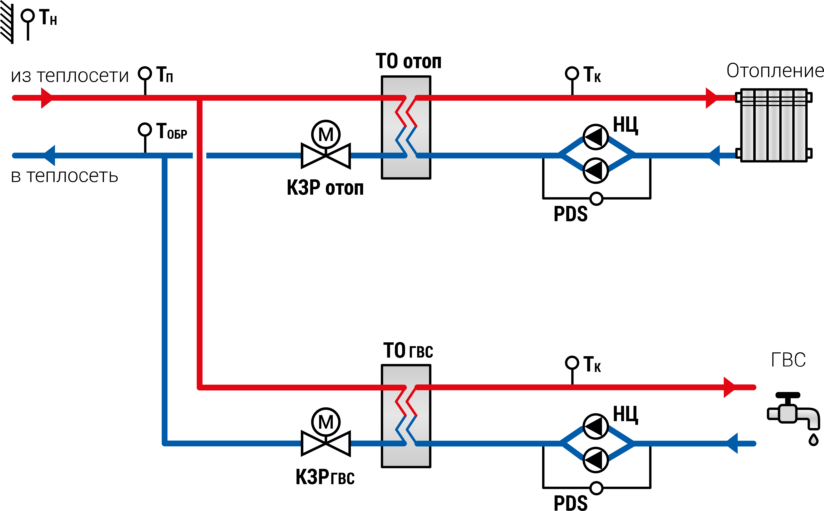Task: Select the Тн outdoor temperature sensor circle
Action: click(x=28, y=16)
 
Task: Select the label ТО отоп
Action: click(x=409, y=61)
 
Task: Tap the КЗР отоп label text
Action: click(x=325, y=188)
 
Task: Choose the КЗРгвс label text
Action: click(x=325, y=477)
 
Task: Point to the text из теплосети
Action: click(x=70, y=76)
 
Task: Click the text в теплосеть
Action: click(x=65, y=176)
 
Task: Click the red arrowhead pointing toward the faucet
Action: click(x=729, y=387)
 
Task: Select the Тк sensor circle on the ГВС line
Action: click(x=572, y=363)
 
